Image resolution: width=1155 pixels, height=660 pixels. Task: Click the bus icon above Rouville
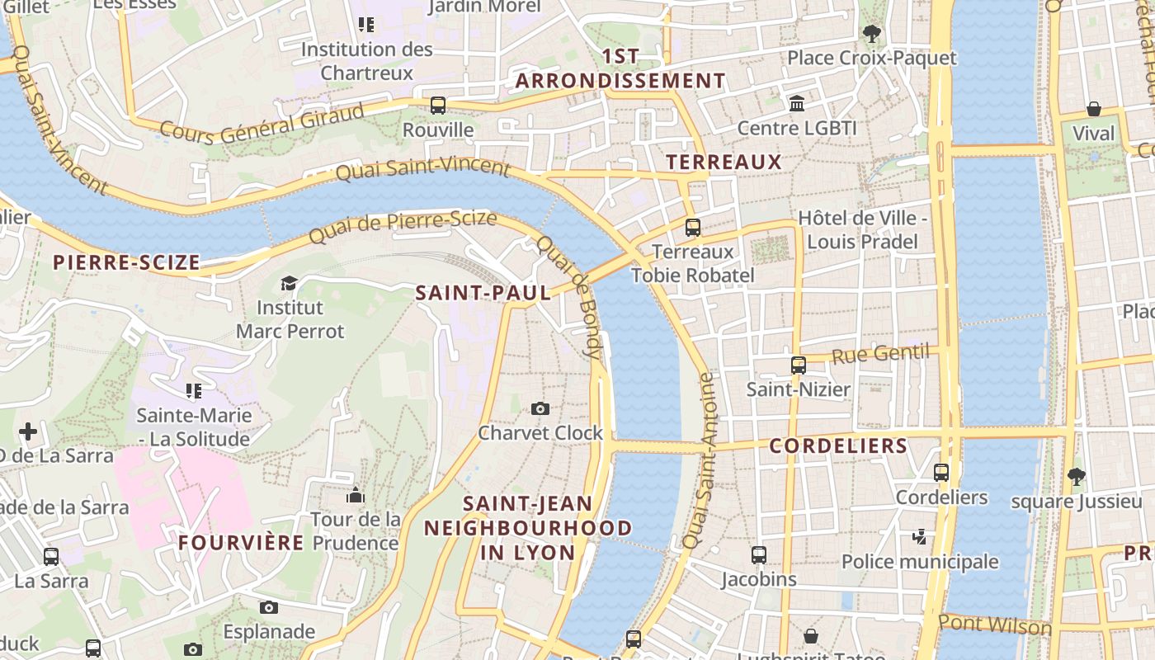coord(438,106)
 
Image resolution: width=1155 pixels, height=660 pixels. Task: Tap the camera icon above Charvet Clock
coord(540,408)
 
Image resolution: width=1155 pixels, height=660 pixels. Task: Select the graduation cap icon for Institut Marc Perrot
coord(289,283)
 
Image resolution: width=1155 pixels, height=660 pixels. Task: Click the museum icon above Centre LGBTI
coord(797,104)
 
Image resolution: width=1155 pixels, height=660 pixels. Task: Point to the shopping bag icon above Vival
coord(1094,109)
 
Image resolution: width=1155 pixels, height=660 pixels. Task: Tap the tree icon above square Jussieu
coord(1076,476)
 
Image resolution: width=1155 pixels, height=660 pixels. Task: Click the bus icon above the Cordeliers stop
coord(941,473)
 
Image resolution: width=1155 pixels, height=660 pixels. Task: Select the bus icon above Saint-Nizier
coord(799,365)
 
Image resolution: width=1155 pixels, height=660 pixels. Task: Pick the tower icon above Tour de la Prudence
coord(356,495)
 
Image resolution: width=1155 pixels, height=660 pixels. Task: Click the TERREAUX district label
coord(724,163)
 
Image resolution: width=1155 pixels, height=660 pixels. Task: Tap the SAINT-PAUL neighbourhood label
coord(483,293)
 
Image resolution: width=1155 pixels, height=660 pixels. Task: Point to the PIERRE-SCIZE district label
coord(126,263)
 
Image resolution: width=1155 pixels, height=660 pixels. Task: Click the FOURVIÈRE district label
coord(241,543)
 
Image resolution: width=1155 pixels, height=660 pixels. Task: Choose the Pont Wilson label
coord(995,625)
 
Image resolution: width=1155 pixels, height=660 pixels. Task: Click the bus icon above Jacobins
coord(759,555)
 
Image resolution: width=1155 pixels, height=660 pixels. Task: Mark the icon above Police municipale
coord(920,537)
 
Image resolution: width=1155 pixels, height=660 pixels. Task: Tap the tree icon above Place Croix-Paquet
coord(871,34)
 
